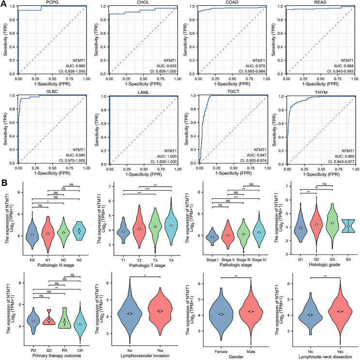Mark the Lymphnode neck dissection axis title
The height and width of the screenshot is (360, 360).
click(x=322, y=354)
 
